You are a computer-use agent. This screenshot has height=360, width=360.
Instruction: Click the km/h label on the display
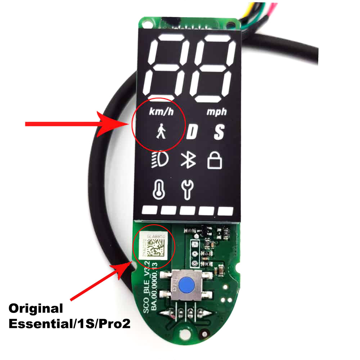point(161,112)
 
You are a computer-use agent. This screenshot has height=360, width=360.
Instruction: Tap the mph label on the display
point(217,112)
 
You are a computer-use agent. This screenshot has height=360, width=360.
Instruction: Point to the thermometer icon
point(157,189)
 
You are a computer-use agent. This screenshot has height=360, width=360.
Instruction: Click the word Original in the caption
point(36,309)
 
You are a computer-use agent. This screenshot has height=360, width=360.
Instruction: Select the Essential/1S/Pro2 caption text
point(69,324)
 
